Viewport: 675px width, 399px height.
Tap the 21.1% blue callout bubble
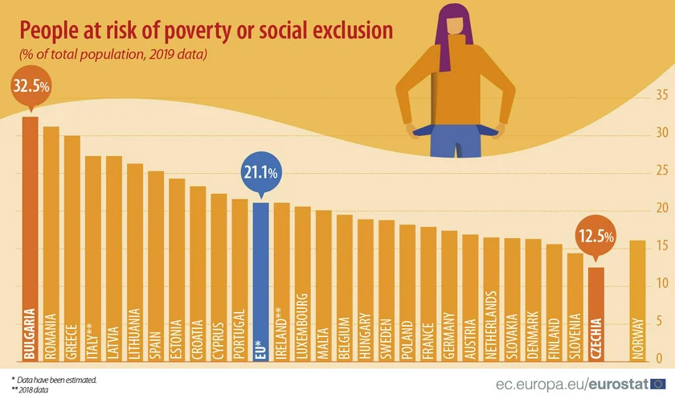(x=260, y=172)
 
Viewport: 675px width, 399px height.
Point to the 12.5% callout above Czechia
(x=595, y=237)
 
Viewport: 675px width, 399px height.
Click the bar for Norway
(x=638, y=298)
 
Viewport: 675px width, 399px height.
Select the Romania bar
(x=51, y=241)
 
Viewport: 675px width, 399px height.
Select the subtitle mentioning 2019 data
(x=113, y=56)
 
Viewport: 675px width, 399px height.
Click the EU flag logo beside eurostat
(x=658, y=382)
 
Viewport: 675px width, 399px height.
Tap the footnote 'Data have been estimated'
(x=56, y=378)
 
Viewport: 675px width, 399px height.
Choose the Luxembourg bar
(x=302, y=282)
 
